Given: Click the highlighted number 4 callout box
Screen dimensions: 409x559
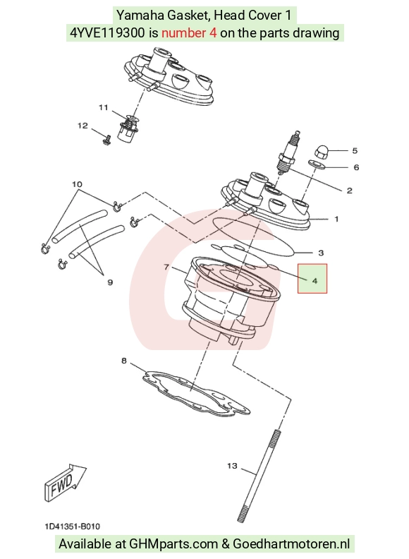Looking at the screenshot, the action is click(312, 278).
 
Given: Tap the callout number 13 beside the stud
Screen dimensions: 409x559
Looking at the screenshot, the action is click(232, 466).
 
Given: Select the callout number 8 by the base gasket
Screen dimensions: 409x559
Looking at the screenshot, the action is click(124, 361).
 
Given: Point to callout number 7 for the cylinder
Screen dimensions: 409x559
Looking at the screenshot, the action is click(166, 267).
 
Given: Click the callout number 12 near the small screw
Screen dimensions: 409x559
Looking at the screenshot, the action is click(83, 126).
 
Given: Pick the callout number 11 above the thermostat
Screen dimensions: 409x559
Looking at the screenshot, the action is click(104, 107).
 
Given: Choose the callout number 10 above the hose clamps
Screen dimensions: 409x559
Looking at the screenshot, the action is click(77, 184).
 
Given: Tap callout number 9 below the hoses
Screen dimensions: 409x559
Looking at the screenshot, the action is click(110, 282).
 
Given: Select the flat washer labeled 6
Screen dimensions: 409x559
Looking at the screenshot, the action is click(317, 164).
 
